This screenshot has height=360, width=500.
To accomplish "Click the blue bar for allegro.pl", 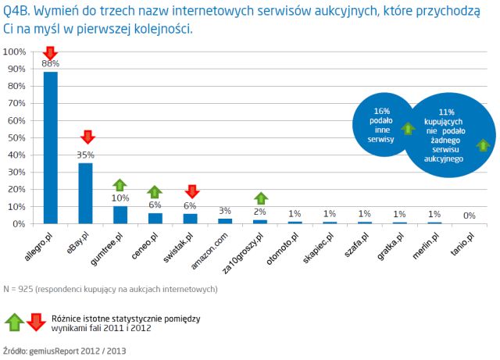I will [x=50, y=148].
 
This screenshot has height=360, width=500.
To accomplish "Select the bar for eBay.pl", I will [x=85, y=193].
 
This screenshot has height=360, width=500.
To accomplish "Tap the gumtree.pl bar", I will [x=120, y=215].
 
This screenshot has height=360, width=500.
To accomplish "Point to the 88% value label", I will [x=50, y=62].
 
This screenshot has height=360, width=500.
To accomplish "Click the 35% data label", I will [x=85, y=155].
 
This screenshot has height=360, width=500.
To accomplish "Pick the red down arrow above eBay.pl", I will [x=87, y=138].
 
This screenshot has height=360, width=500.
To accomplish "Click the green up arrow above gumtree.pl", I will [x=120, y=184].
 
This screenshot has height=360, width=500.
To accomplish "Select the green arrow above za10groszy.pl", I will [x=261, y=198].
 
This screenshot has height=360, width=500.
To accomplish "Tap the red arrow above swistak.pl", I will [x=191, y=191].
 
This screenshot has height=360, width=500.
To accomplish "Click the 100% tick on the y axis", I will [x=16, y=52].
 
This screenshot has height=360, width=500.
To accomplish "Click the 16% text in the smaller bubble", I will [x=381, y=111].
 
